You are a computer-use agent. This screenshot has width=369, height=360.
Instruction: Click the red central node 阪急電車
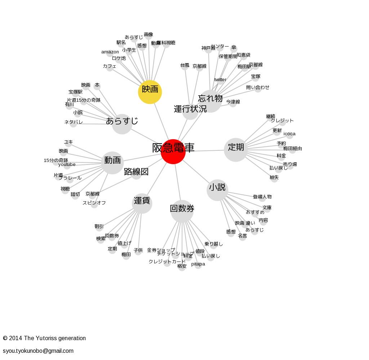pyautogui.click(x=173, y=152)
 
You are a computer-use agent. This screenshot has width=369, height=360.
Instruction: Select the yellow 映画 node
pyautogui.click(x=150, y=92)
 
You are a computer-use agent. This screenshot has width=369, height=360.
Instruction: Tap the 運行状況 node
pyautogui.click(x=190, y=109)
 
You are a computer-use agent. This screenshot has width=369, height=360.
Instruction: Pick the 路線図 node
pyautogui.click(x=136, y=172)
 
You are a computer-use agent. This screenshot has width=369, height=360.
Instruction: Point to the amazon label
pyautogui.click(x=110, y=52)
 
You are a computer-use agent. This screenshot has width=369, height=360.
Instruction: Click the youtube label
pyautogui.click(x=67, y=164)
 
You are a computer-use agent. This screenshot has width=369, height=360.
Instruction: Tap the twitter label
pyautogui.click(x=220, y=80)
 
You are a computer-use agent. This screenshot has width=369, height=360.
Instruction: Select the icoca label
pyautogui.click(x=289, y=134)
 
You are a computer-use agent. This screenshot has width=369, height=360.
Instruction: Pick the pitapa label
pyautogui.click(x=198, y=264)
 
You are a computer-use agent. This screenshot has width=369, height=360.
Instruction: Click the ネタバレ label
pyautogui.click(x=74, y=122)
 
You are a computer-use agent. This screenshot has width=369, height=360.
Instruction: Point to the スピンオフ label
pyautogui.click(x=94, y=203)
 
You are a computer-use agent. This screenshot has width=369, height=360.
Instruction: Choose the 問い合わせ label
pyautogui.click(x=258, y=87)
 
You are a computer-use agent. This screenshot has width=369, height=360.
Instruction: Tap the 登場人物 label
pyautogui.click(x=262, y=197)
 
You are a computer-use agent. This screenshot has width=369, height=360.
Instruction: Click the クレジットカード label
pyautogui.click(x=167, y=262)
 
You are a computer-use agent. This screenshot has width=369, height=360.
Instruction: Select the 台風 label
pyautogui.click(x=184, y=65)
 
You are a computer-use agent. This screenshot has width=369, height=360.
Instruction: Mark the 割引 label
pyautogui.click(x=99, y=227)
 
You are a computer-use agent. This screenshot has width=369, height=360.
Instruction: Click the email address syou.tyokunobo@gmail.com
pyautogui.click(x=38, y=351)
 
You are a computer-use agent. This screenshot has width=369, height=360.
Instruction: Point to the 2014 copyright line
pyautogui.click(x=44, y=338)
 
